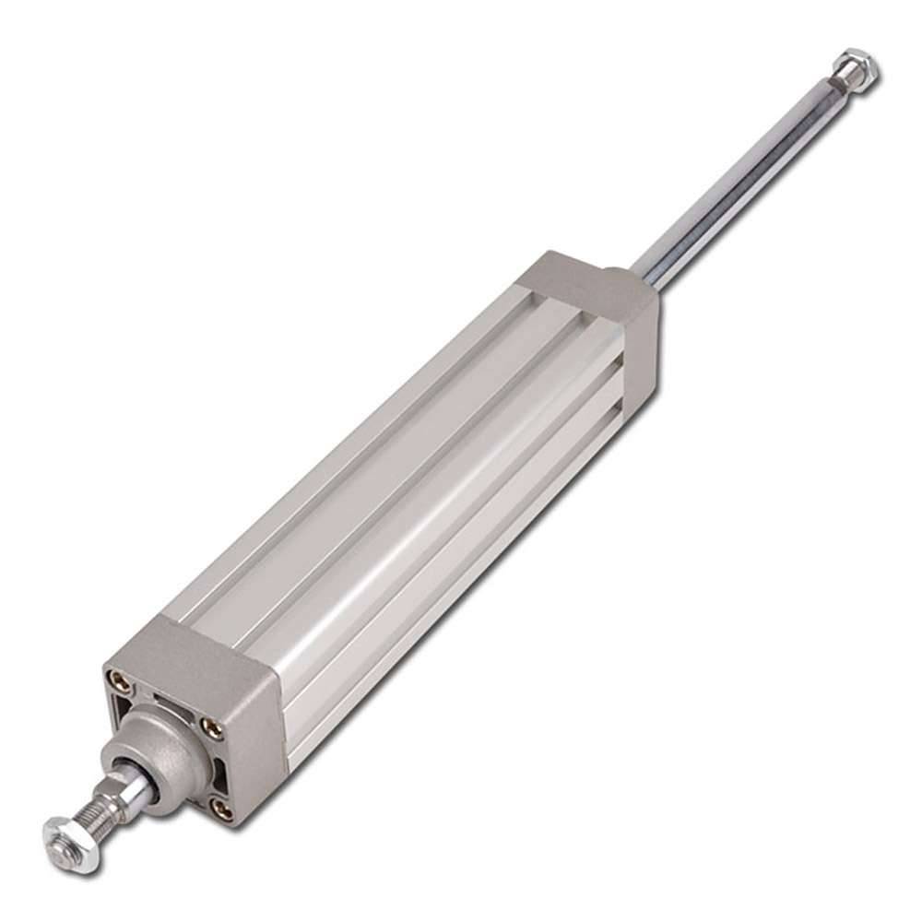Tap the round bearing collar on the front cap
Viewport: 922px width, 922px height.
point(171,739)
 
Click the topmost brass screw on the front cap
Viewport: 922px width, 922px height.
point(118,680)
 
